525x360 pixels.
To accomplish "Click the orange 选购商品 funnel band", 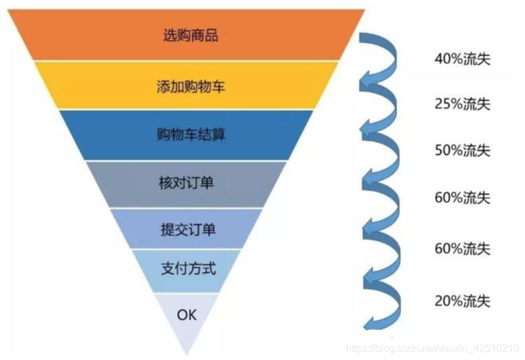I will pos(189,35).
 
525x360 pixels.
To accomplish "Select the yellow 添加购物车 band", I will pos(189,86).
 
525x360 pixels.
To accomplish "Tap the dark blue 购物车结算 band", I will pos(189,135).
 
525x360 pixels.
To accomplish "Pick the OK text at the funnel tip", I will pos(187,315).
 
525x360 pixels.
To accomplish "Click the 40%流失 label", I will pos(462,59).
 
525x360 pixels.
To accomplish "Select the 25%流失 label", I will pos(462,104).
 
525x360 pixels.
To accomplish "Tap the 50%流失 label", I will pos(462,151).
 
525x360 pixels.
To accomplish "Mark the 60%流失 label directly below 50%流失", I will pos(462,198).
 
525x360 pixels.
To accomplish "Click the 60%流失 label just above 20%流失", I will pos(462,248).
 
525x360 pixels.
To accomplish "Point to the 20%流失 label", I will pos(462,300).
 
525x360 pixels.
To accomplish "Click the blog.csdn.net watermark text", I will pos(433,349).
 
